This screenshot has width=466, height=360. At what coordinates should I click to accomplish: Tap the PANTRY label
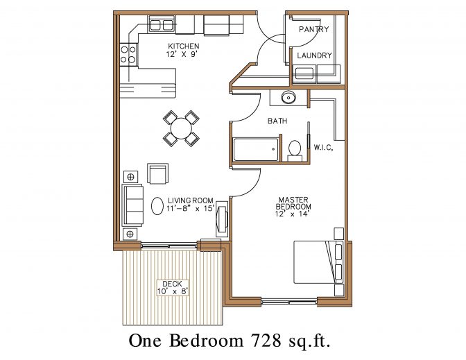click(313, 29)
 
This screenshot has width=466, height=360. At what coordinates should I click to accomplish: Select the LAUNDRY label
click(314, 55)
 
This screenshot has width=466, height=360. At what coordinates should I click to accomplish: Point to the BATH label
click(278, 121)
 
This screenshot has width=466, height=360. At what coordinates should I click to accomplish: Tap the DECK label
click(171, 284)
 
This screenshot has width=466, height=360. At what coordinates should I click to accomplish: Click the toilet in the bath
click(294, 148)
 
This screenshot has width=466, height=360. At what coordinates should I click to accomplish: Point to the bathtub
click(255, 148)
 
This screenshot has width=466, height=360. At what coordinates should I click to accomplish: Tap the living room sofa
click(132, 205)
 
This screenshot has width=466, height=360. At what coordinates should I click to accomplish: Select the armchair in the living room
click(157, 174)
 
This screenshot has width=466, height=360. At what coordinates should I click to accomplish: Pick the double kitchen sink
click(162, 26)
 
